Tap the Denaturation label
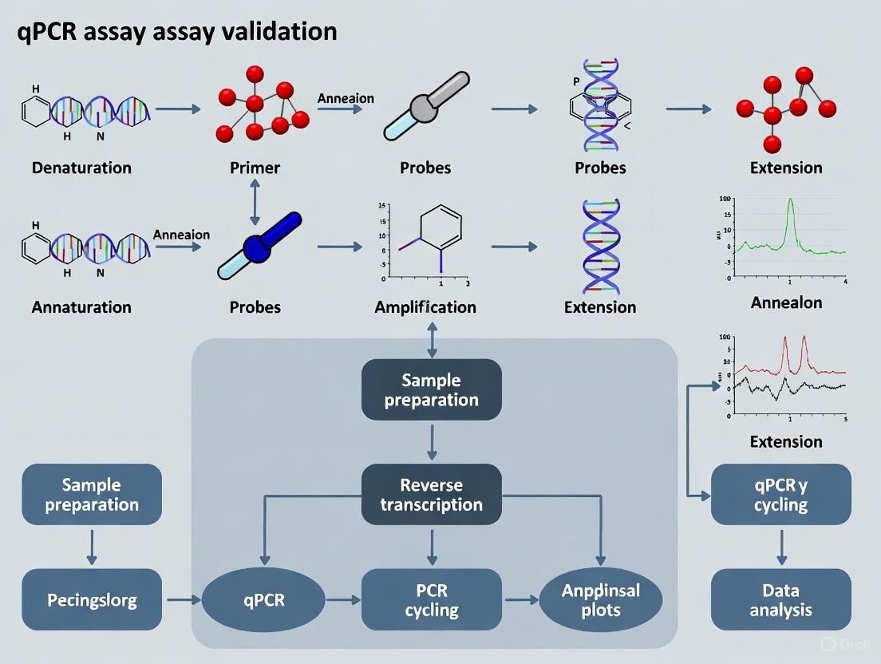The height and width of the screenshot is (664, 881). (81, 168)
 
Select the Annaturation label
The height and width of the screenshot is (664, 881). (81, 306)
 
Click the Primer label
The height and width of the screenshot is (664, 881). (255, 168)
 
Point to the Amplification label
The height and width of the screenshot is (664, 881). (425, 306)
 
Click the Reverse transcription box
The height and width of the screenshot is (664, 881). (432, 494)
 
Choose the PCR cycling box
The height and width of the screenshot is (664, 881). (432, 599)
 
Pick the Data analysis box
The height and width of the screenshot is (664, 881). (781, 599)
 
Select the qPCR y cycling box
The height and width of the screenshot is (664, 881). (781, 494)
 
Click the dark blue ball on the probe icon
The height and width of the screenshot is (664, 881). (257, 246)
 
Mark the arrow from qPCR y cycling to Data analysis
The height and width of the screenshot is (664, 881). (781, 547)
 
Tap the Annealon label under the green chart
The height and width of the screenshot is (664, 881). (786, 303)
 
